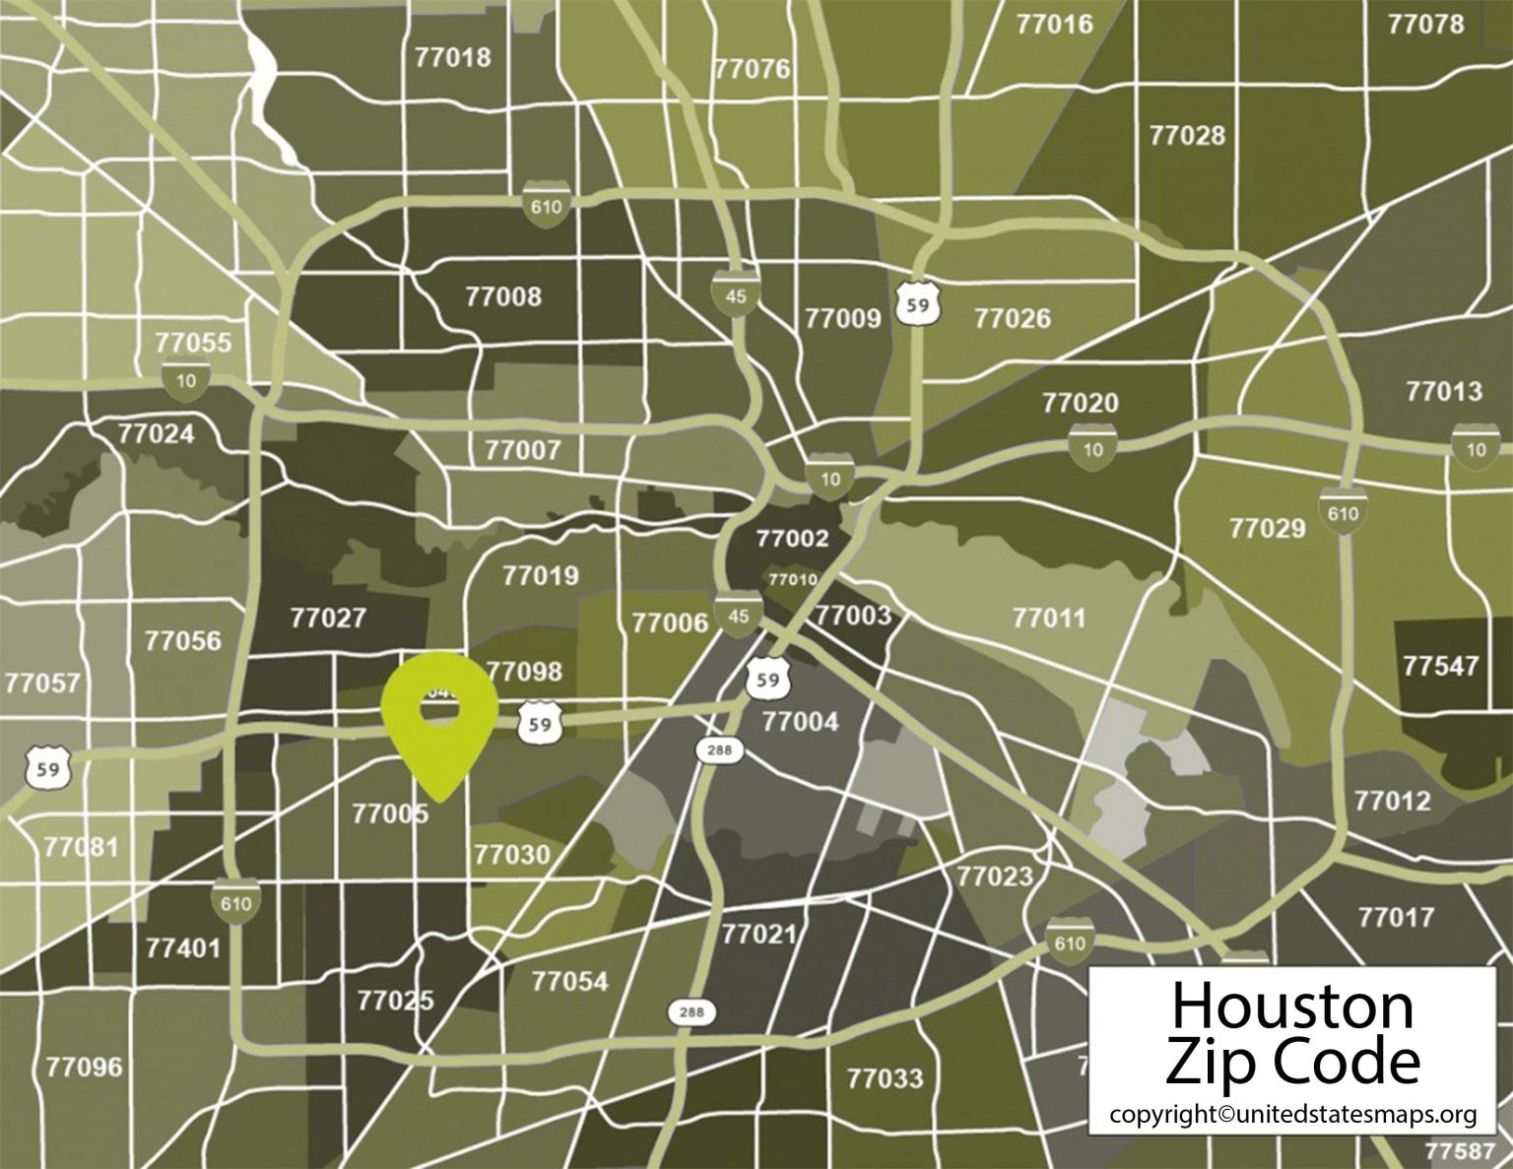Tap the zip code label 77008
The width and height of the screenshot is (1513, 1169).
[502, 296]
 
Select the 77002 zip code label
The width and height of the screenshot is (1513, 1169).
[792, 539]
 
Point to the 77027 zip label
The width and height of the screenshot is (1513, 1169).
[328, 618]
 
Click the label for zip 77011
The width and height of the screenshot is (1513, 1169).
[1048, 618]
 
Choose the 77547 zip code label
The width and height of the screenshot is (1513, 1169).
[1440, 666]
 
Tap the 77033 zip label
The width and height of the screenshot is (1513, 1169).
[885, 1078]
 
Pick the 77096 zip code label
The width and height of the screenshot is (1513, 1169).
[84, 1067]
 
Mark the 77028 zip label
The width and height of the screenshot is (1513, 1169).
[1187, 136]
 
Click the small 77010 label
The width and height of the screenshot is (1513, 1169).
[792, 579]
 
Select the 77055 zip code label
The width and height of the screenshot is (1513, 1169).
[193, 343]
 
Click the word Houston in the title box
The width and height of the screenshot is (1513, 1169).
[1291, 1006]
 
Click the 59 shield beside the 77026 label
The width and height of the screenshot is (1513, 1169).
[918, 304]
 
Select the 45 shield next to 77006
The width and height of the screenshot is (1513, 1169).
[738, 616]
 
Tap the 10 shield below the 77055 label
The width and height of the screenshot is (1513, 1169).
[186, 380]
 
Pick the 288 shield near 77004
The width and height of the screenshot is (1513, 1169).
[719, 750]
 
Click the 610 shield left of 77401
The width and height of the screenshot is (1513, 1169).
[235, 903]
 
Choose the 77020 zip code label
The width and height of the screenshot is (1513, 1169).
[1080, 403]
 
